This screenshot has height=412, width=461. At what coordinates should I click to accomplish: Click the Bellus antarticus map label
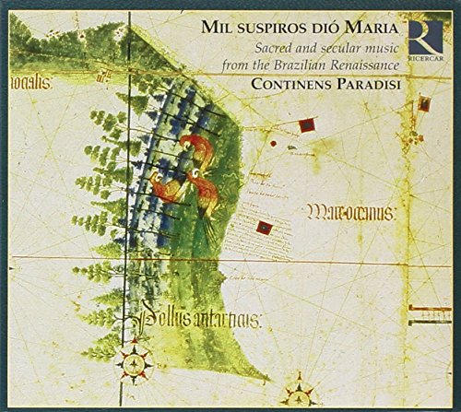pyautogui.click(x=199, y=320)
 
